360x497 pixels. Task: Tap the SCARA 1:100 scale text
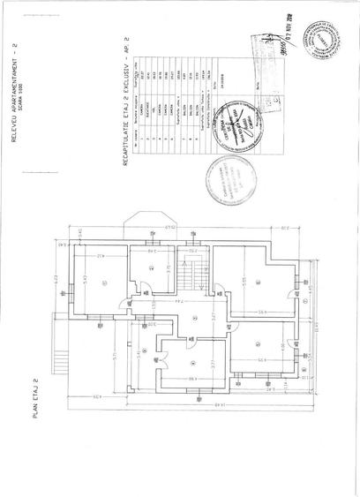pyautogui.click(x=39, y=83)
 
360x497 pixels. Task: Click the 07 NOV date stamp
pyautogui.click(x=288, y=34)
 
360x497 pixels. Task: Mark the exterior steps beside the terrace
pyautogui.click(x=62, y=362)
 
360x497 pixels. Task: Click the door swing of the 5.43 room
pyautogui.click(x=139, y=286)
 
